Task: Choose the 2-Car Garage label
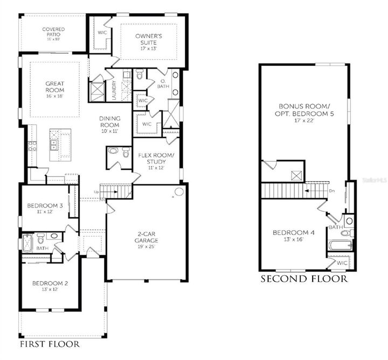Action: pyautogui.click(x=147, y=239)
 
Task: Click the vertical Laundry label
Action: pyautogui.click(x=114, y=90)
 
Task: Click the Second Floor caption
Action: pyautogui.click(x=304, y=279)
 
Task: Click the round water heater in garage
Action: pyautogui.click(x=179, y=191)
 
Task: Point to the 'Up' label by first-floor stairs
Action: pyautogui.click(x=97, y=192)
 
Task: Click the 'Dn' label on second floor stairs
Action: pyautogui.click(x=332, y=190)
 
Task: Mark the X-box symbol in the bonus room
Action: pyautogui.click(x=296, y=175)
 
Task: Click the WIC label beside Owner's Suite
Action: pyautogui.click(x=103, y=32)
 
